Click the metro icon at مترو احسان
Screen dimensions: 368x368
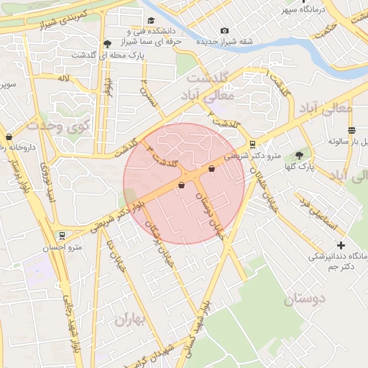63,234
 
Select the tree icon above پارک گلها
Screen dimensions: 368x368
299,155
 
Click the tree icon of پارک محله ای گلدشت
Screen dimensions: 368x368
107,44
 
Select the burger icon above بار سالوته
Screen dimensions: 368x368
351,130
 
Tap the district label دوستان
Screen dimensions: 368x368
305,298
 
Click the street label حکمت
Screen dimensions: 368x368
328,31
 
